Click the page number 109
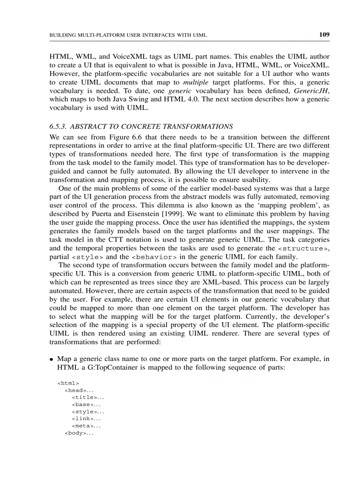324,34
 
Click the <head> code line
79,390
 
